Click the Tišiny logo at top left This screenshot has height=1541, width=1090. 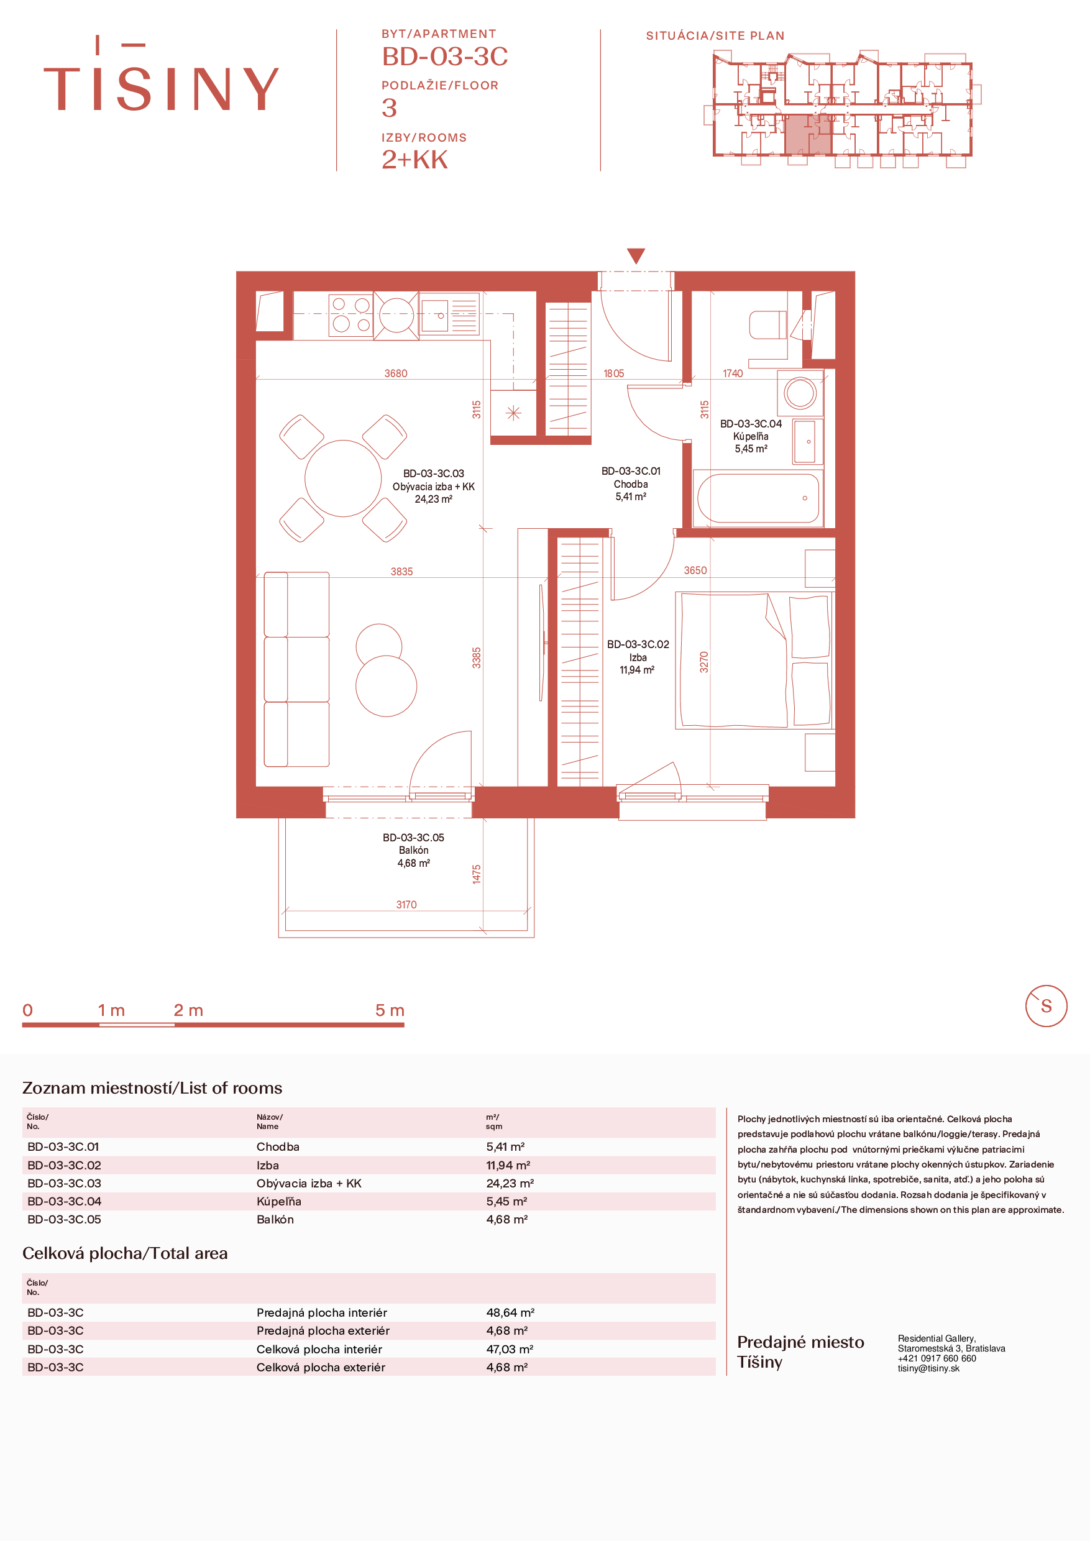pyautogui.click(x=161, y=74)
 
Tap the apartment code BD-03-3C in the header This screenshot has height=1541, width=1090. pyautogui.click(x=445, y=57)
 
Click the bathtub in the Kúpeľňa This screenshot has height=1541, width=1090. pyautogui.click(x=758, y=498)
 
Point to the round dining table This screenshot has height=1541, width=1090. pyautogui.click(x=343, y=478)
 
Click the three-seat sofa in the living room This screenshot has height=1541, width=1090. pyautogui.click(x=296, y=669)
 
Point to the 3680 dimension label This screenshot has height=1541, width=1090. pyautogui.click(x=396, y=373)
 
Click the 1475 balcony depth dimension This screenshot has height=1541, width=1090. pyautogui.click(x=477, y=874)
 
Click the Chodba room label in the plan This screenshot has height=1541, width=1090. pyautogui.click(x=631, y=484)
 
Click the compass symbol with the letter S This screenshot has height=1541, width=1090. pyautogui.click(x=1046, y=1006)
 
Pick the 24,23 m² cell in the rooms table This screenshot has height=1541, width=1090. pyautogui.click(x=510, y=1183)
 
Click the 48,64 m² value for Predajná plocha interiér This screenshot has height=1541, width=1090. pyautogui.click(x=510, y=1312)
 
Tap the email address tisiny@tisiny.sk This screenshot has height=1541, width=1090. pyautogui.click(x=928, y=1368)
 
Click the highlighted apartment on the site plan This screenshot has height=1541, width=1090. pyautogui.click(x=808, y=135)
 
